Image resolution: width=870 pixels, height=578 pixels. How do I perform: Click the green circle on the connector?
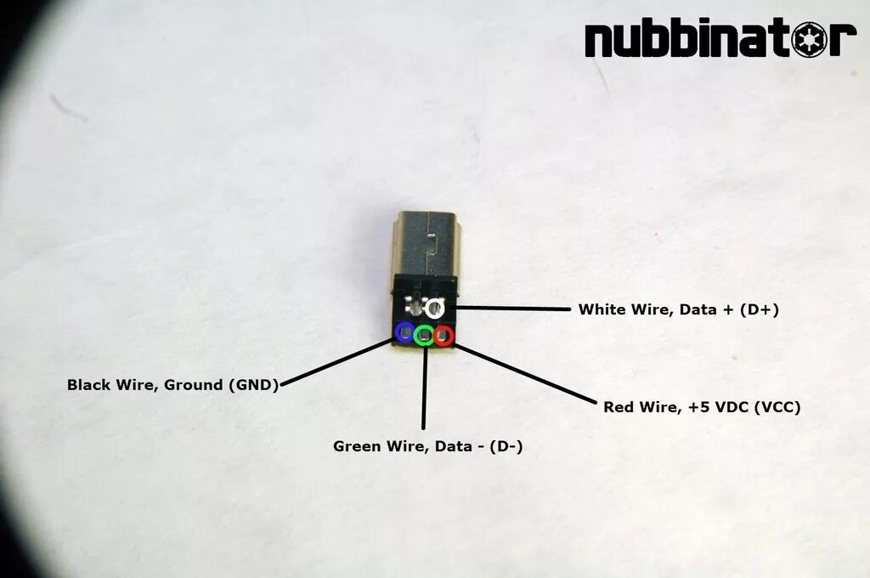pos(424,335)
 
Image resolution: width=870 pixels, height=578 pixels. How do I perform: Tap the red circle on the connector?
pos(443,336)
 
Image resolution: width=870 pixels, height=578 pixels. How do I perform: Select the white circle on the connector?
pos(436,309)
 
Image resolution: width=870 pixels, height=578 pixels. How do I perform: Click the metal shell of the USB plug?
pos(425,246)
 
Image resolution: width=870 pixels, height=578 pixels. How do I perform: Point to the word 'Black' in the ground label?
pos(89,385)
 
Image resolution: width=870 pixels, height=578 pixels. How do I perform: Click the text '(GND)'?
pos(252,385)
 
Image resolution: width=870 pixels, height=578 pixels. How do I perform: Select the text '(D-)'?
pos(506,446)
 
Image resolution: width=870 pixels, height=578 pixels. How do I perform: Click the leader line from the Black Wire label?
pos(340,361)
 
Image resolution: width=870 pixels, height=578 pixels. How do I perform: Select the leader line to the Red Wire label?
pos(527,375)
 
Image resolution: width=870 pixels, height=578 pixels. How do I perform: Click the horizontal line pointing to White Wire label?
pos(510,309)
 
